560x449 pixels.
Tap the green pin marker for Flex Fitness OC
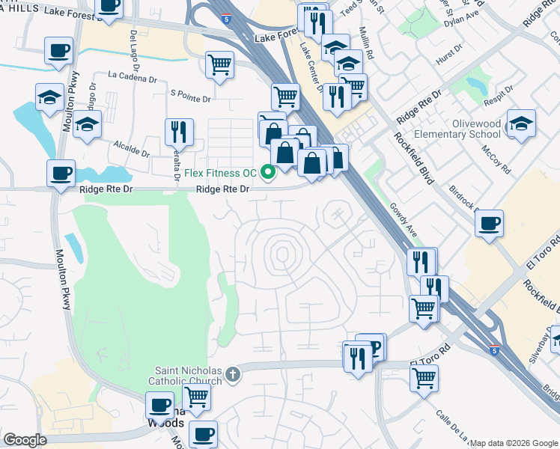tap(267, 173)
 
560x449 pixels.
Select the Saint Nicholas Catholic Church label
tap(188, 376)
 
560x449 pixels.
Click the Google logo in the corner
tap(25, 440)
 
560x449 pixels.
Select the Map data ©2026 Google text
tap(514, 443)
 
